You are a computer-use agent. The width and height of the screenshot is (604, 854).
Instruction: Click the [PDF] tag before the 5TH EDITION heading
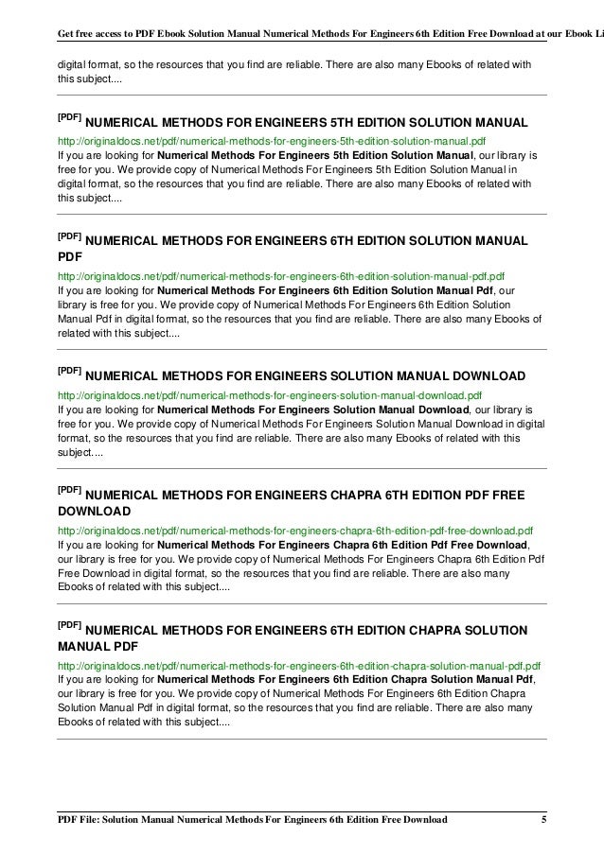(x=68, y=119)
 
